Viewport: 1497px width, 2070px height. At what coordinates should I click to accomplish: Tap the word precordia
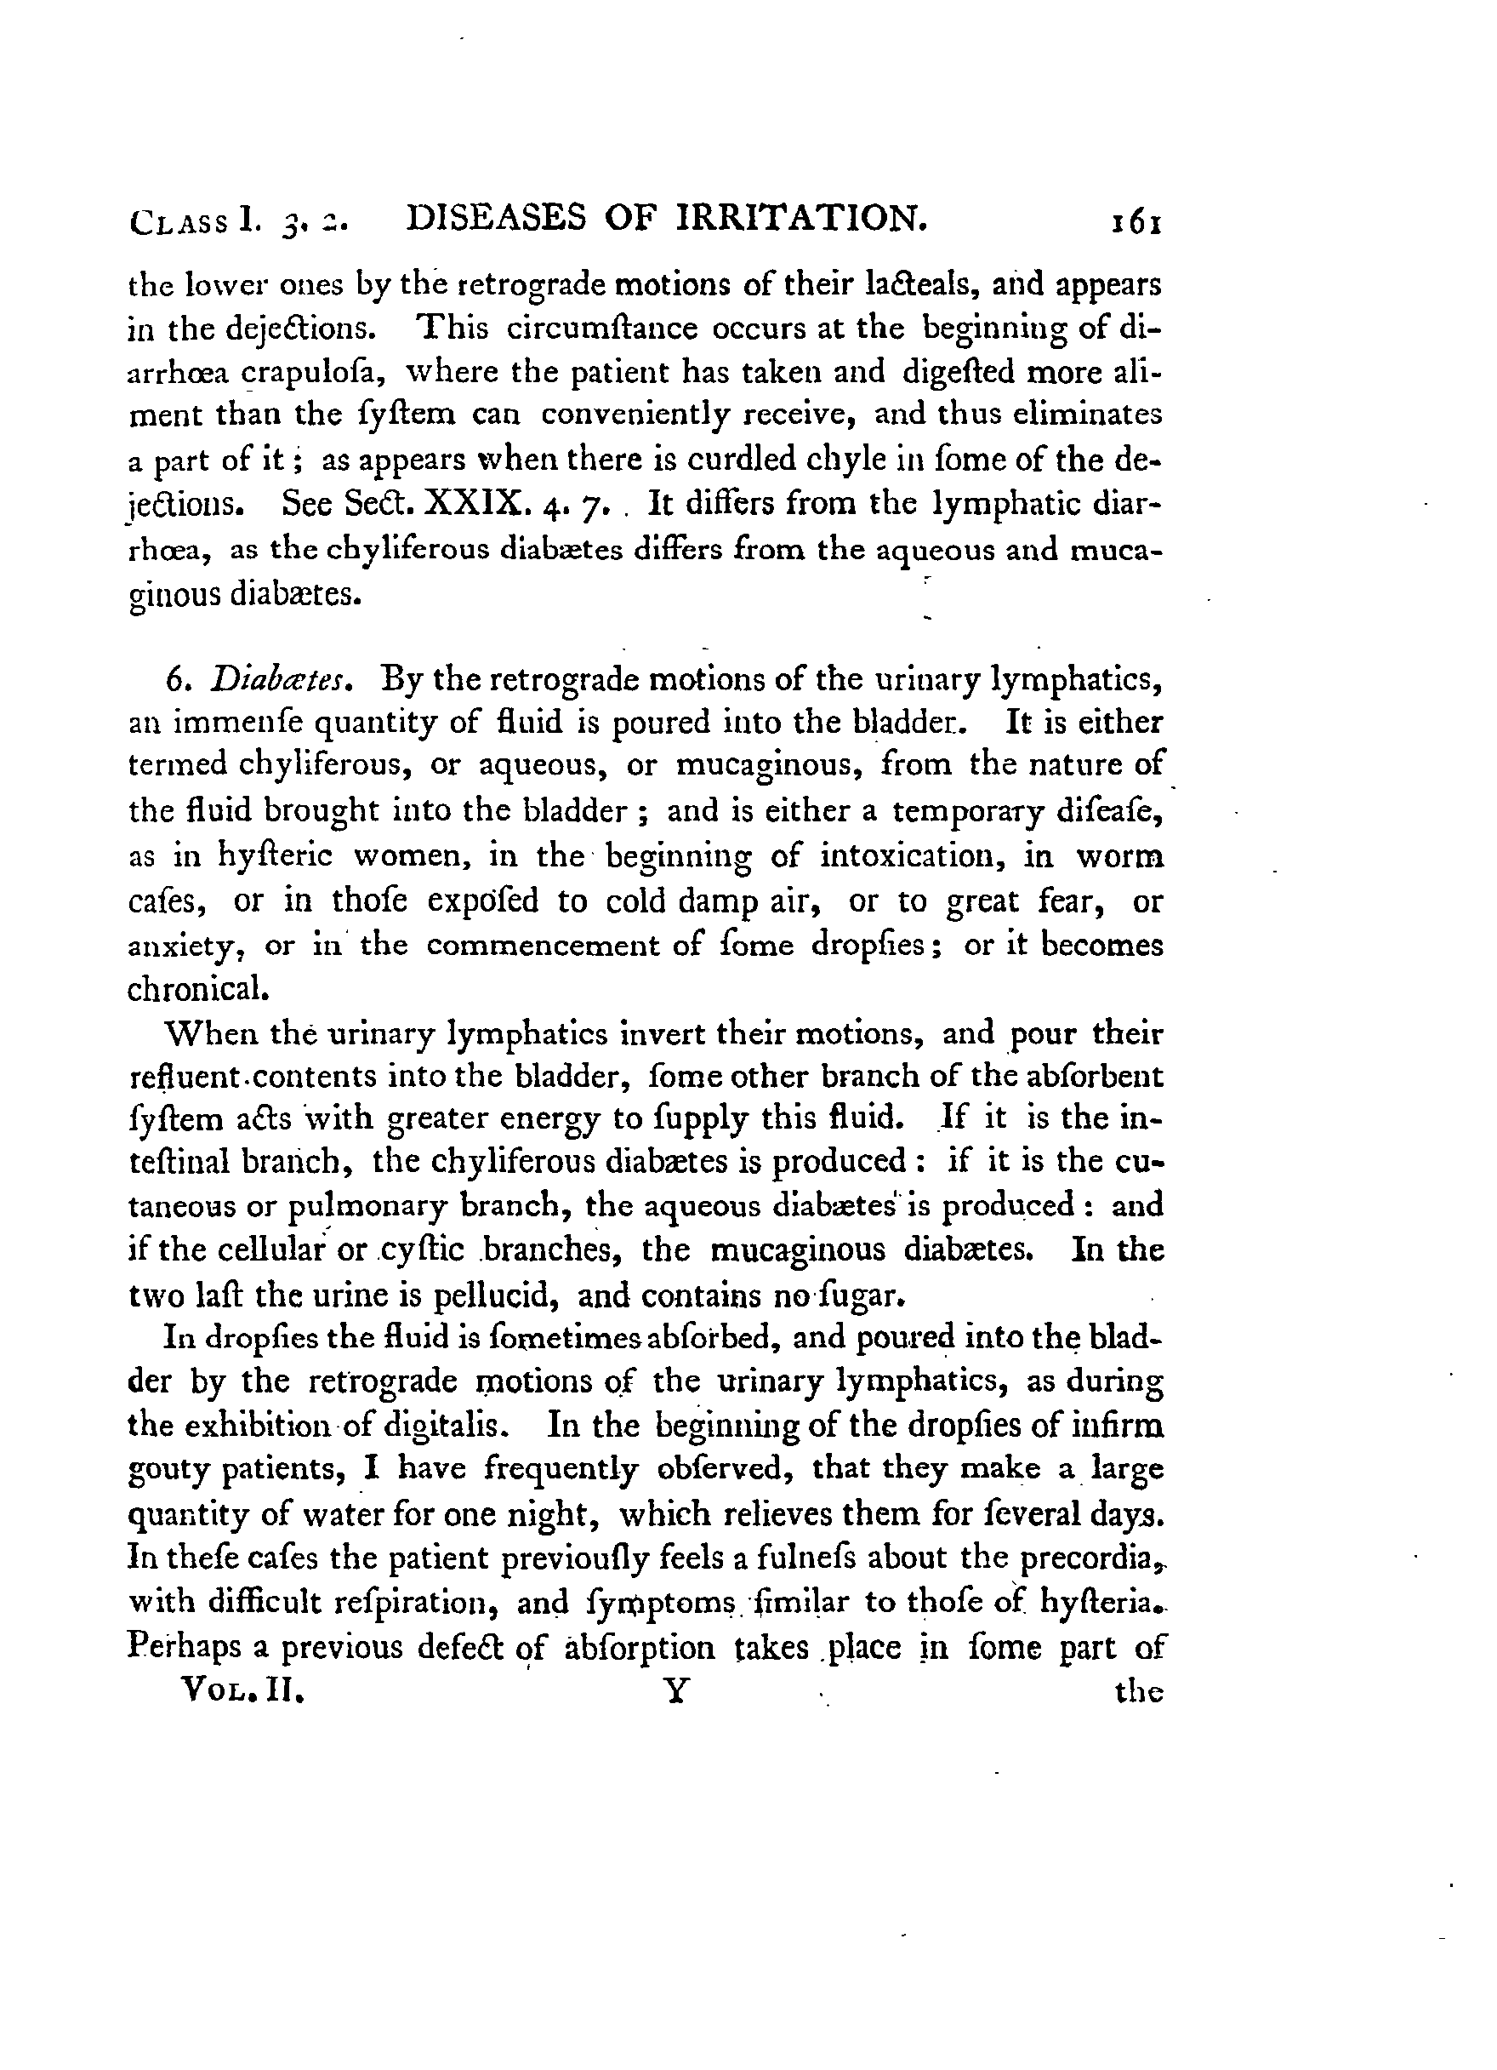click(x=1090, y=1557)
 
